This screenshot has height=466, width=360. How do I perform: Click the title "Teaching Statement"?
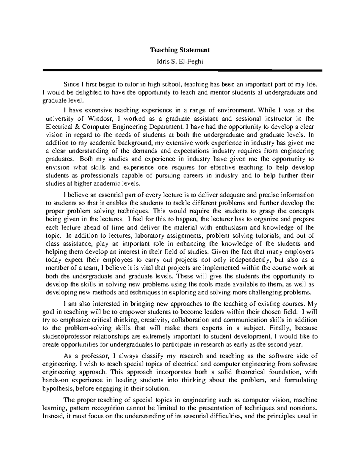click(x=180, y=50)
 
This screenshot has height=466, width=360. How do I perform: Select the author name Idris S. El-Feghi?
click(x=180, y=62)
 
